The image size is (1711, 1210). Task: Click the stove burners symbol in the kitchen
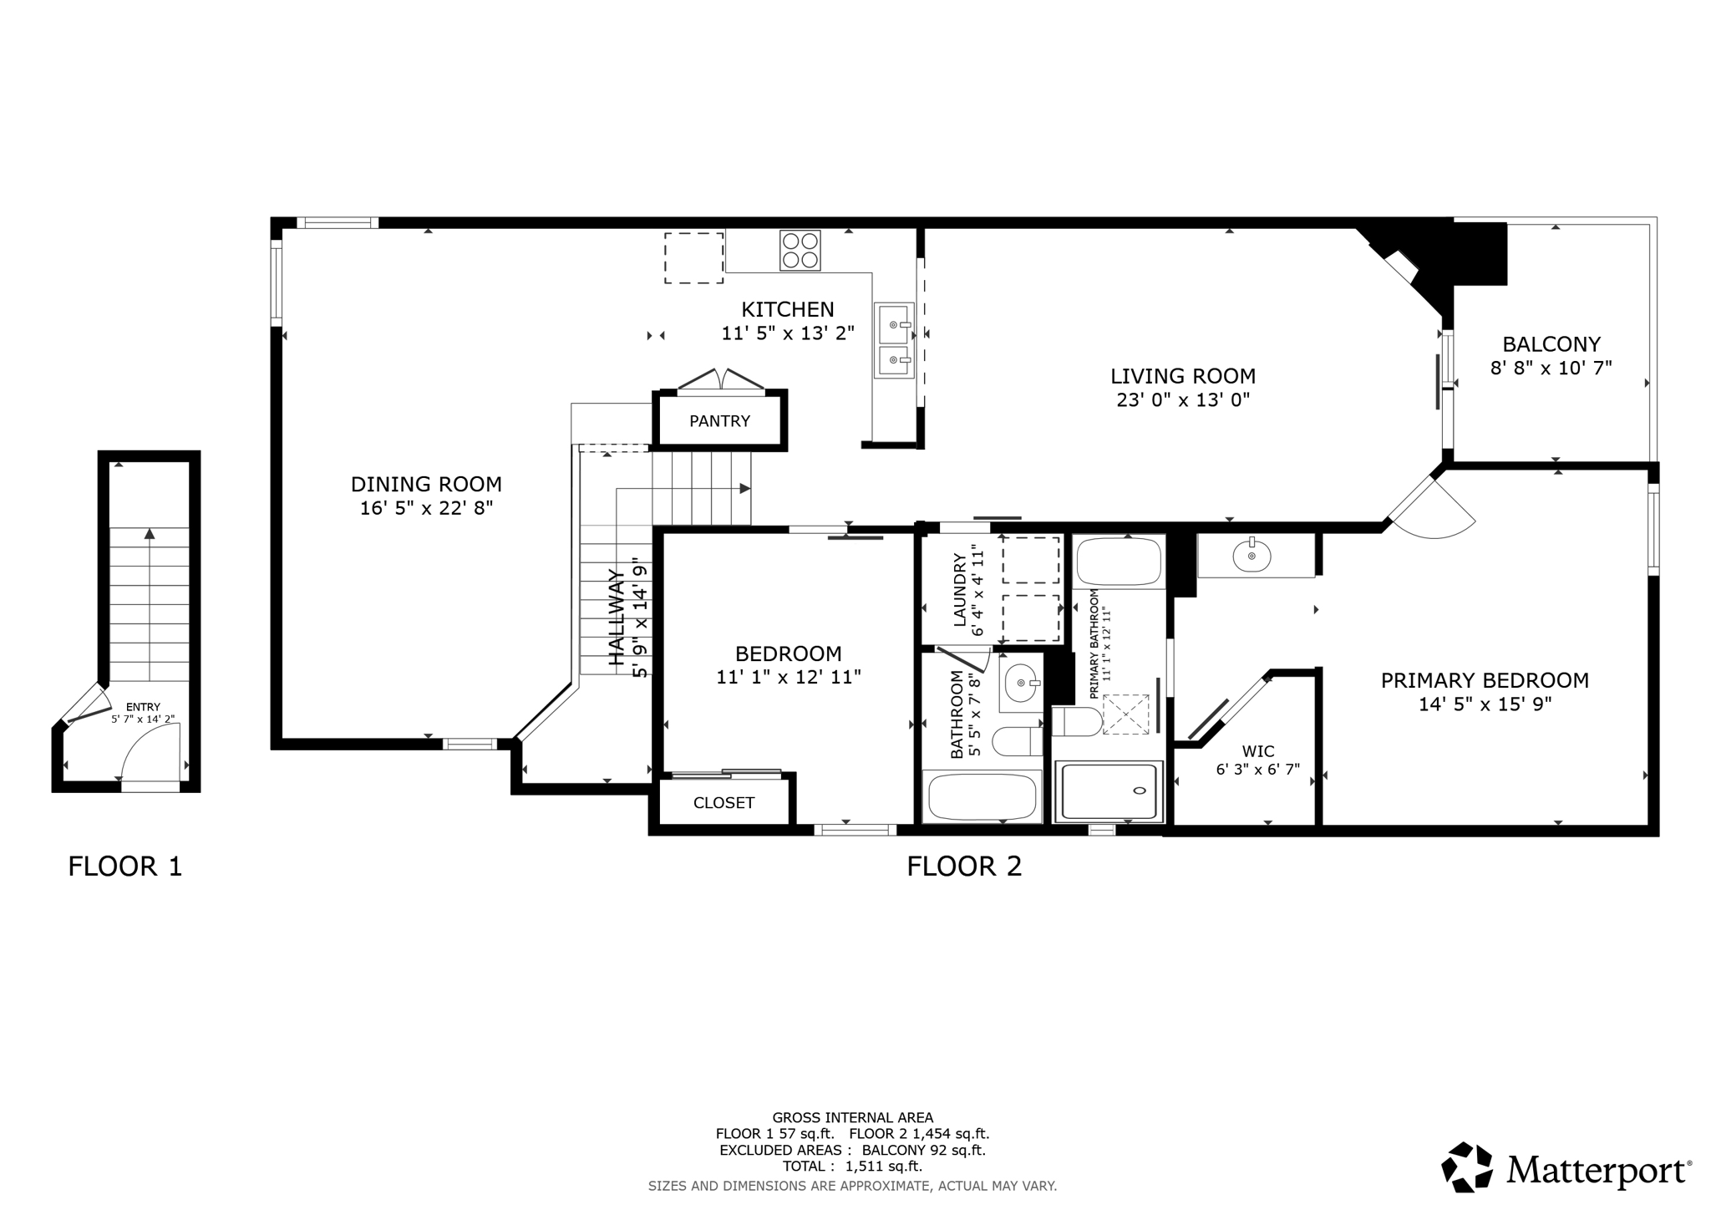[800, 250]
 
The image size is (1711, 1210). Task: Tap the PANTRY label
[719, 421]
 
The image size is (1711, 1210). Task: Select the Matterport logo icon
[1467, 1167]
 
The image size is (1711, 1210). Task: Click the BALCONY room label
[1551, 344]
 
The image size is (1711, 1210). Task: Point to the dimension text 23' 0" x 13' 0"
[1182, 400]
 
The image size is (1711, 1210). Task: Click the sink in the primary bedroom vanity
[1251, 556]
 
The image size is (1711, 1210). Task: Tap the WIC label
[1257, 751]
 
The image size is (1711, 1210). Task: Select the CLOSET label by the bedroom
[723, 803]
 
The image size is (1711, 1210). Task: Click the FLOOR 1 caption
[124, 867]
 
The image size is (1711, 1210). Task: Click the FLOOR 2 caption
[964, 867]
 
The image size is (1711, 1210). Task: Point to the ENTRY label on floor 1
[143, 707]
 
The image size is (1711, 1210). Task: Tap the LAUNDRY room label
[959, 589]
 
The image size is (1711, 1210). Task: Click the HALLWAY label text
[617, 618]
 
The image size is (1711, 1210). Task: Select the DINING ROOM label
[426, 485]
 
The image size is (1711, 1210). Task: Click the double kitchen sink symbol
[895, 341]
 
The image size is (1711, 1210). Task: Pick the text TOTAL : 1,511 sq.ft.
[852, 1167]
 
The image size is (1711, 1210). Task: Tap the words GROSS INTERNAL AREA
[852, 1117]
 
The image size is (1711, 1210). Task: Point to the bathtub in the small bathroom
[982, 797]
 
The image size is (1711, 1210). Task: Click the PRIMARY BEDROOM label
[1484, 680]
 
